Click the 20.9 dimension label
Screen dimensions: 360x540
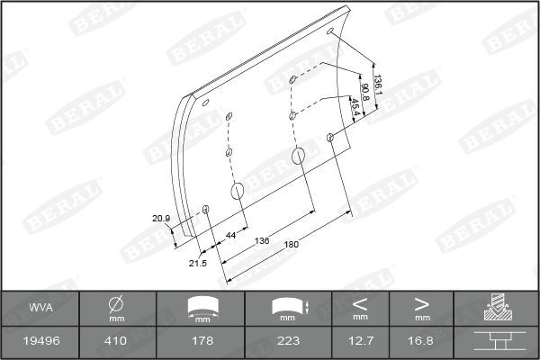click(160, 219)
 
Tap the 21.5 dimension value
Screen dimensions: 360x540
click(198, 263)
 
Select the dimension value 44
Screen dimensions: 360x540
click(230, 235)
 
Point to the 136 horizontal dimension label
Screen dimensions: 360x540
click(263, 240)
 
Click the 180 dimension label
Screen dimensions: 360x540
click(291, 245)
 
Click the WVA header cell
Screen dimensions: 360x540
click(39, 308)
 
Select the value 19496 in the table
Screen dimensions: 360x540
click(39, 342)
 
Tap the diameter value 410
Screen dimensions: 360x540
click(116, 342)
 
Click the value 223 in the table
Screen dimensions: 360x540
click(288, 342)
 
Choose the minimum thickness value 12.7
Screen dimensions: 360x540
click(360, 342)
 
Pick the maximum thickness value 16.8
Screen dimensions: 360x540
click(421, 342)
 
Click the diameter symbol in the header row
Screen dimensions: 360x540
click(116, 303)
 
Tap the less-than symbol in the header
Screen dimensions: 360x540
click(360, 302)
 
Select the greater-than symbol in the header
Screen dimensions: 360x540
click(421, 302)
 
